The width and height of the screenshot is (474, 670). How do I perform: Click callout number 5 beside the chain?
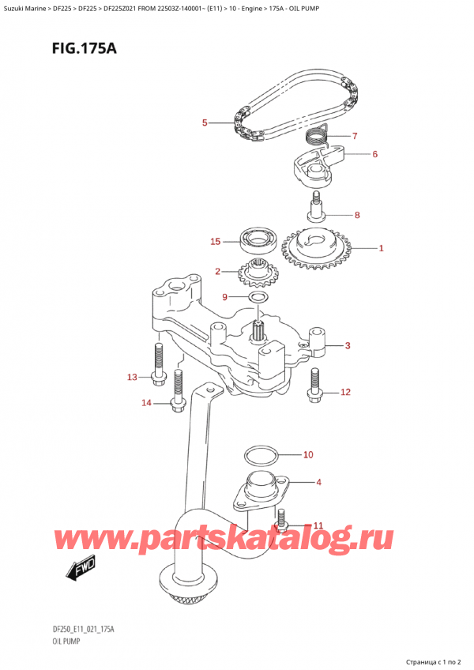coord(205,122)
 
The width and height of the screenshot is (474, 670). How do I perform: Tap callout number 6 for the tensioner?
coord(374,154)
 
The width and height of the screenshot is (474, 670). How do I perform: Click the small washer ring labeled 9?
coord(257,298)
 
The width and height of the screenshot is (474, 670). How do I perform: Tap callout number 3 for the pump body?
coord(348,344)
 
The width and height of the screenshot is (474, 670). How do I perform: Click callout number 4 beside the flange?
coord(319,481)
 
